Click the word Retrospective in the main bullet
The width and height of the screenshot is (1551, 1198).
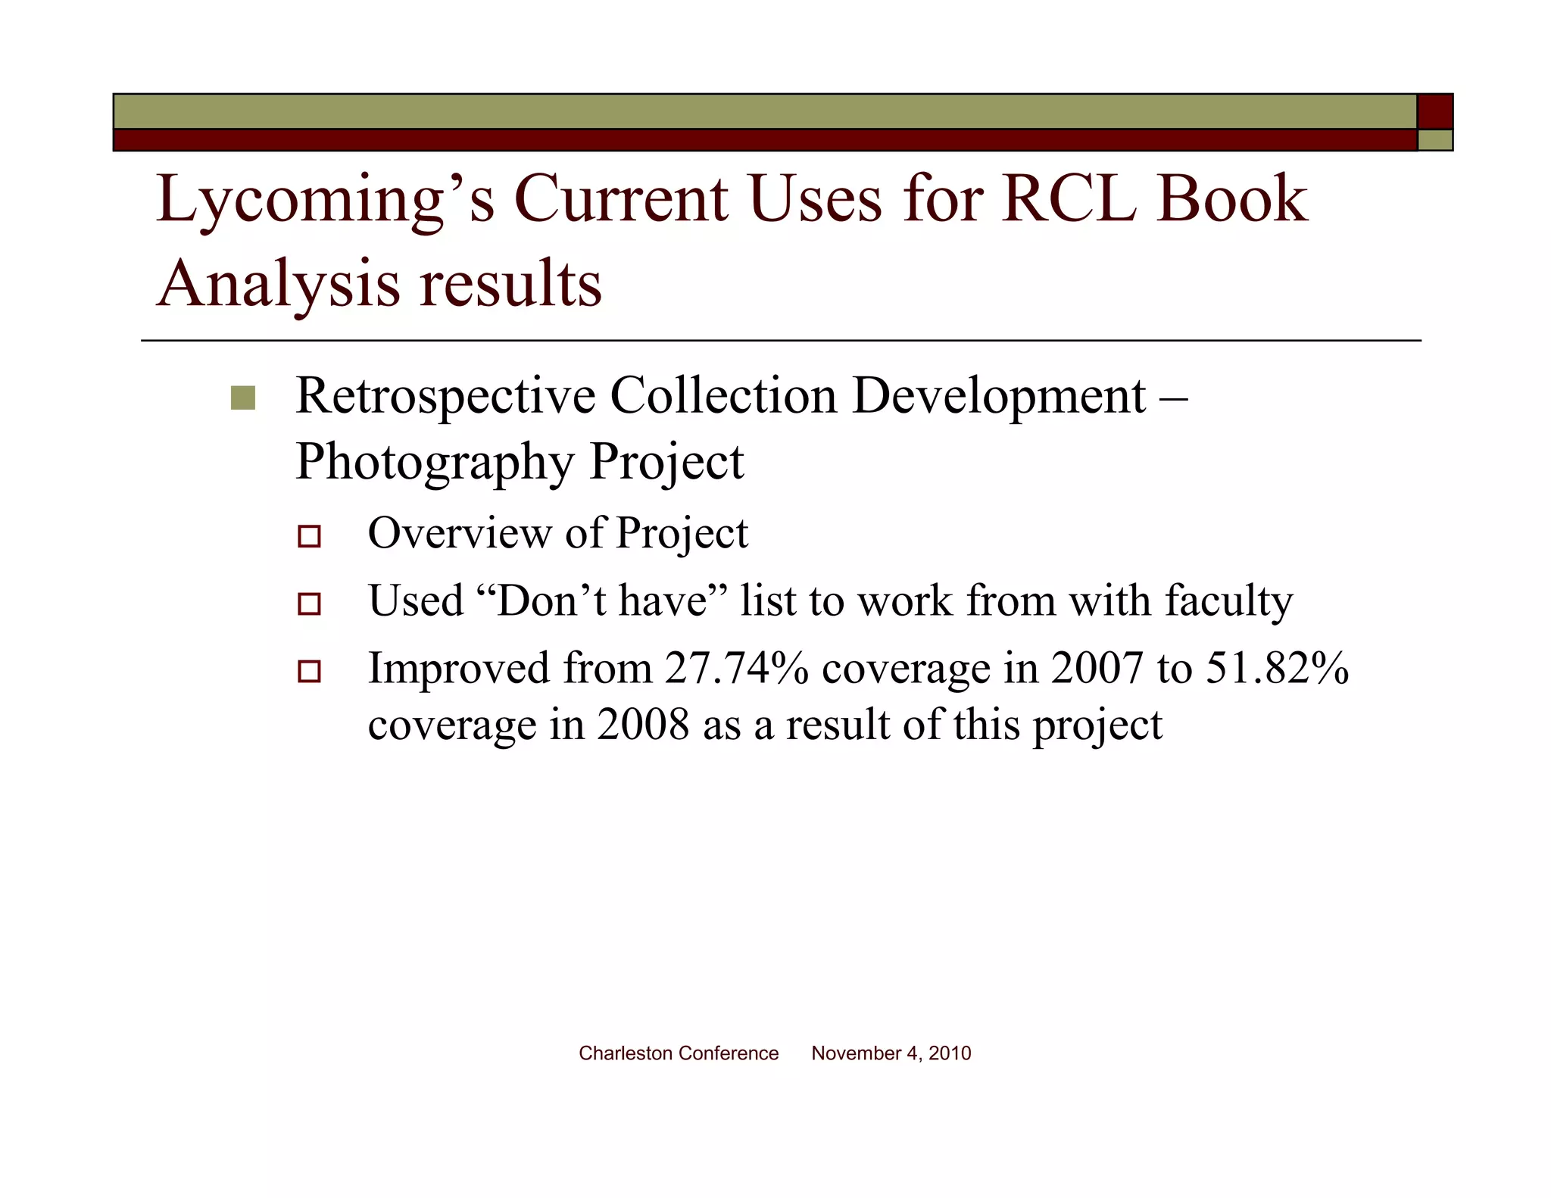tap(445, 396)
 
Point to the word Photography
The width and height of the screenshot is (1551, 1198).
tap(434, 462)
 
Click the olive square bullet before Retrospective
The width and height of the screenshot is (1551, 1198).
tap(243, 398)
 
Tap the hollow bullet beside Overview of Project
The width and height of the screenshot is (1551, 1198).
tap(309, 536)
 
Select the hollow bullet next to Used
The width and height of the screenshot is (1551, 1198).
tap(309, 604)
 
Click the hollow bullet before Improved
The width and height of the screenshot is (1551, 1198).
tap(309, 671)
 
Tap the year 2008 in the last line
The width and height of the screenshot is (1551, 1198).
tap(643, 725)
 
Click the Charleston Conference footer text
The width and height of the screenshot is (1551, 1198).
tap(679, 1053)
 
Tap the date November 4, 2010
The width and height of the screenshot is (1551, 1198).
tap(891, 1053)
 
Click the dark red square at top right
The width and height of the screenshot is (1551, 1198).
tap(1434, 111)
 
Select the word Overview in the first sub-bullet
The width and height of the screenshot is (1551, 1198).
tap(460, 533)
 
